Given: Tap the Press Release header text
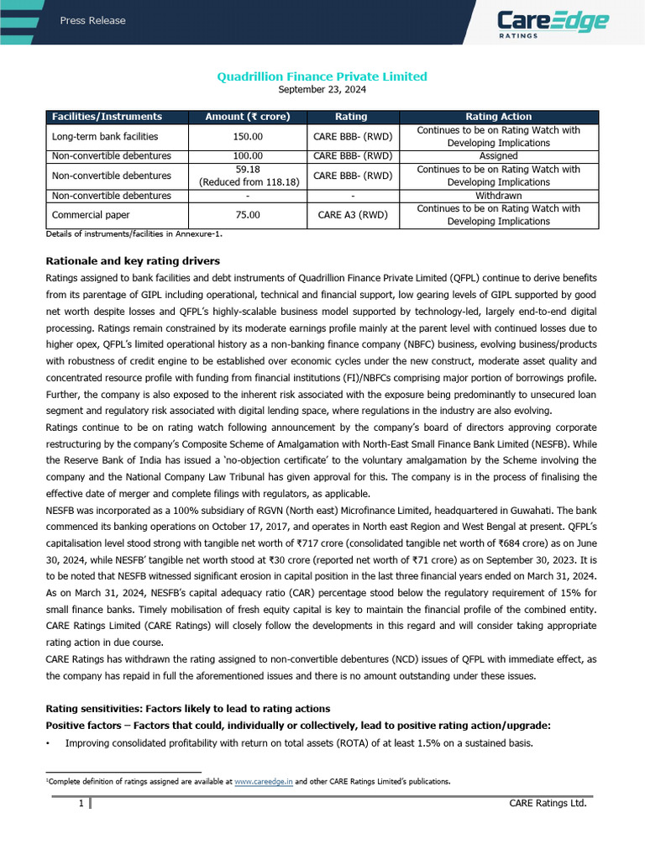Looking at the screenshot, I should [x=92, y=21].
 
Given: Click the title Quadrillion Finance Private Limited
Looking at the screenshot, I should [x=322, y=76].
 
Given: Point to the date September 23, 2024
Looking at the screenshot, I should [x=322, y=89].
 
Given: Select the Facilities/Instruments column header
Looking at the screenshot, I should [x=107, y=117].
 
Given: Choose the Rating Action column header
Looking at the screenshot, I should [x=498, y=117].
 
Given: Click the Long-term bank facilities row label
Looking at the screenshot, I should [x=105, y=136].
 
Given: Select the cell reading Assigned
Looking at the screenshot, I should [x=498, y=155].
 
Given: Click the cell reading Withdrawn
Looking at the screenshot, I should [x=498, y=196].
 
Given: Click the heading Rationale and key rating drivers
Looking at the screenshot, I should [x=132, y=260].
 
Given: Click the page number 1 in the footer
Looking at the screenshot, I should [x=81, y=804].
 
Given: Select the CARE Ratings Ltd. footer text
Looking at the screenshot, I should [x=548, y=804].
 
